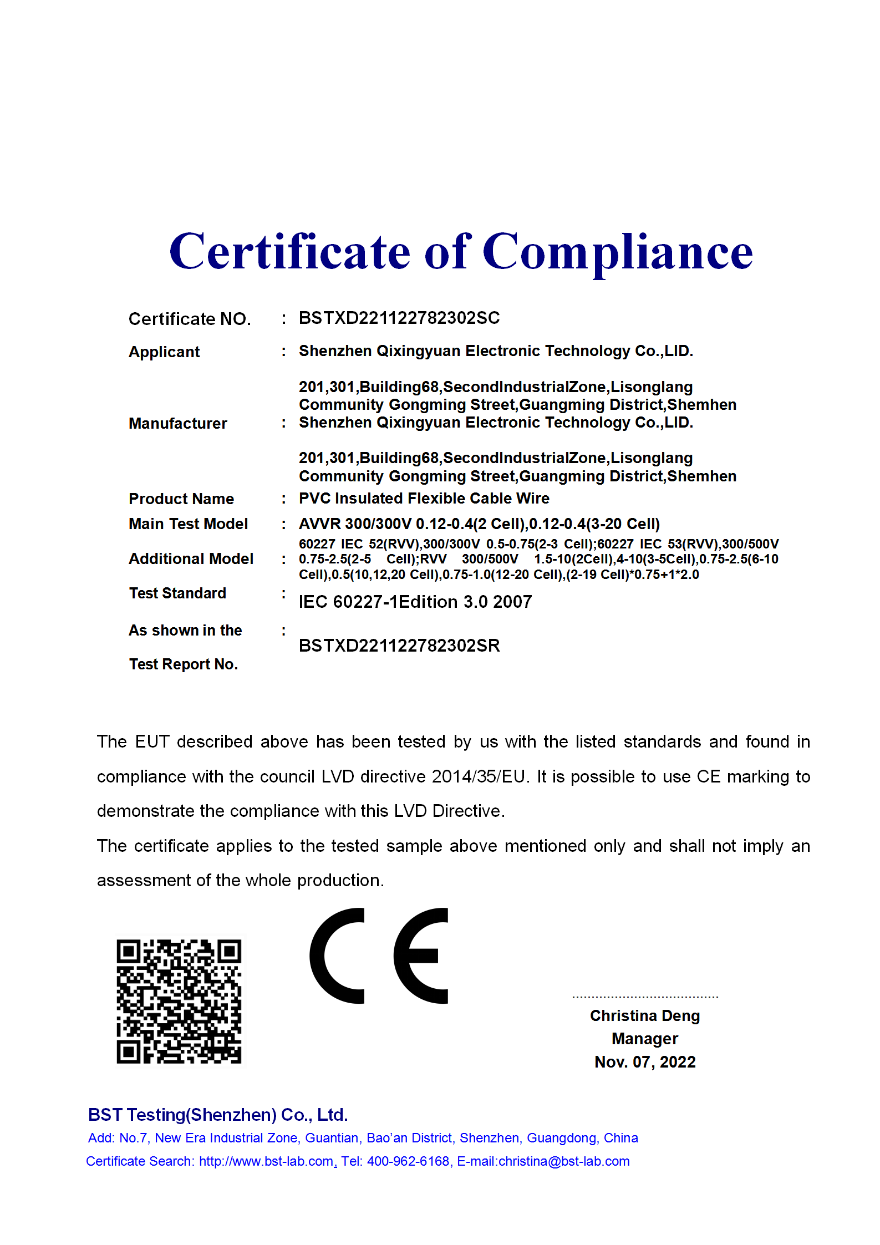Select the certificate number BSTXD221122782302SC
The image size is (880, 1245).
(399, 318)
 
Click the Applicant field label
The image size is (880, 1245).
(164, 352)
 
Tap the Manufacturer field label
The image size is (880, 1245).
(178, 423)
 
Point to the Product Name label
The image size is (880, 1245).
(181, 499)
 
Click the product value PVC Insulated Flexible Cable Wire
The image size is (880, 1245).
(424, 498)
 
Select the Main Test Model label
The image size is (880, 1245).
(188, 524)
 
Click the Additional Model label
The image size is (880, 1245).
(191, 558)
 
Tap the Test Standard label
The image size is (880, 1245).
(177, 593)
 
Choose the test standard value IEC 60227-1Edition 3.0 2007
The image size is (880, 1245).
(415, 602)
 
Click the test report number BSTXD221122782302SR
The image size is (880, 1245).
(399, 646)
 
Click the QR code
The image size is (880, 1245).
(179, 1001)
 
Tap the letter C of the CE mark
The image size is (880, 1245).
(336, 956)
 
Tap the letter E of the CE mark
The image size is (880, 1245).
(421, 956)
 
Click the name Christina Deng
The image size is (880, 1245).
(644, 1015)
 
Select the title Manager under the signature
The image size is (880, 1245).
(644, 1038)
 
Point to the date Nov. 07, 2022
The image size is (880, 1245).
(644, 1061)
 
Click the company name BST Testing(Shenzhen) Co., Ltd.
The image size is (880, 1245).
(218, 1115)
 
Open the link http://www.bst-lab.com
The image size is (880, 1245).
(266, 1161)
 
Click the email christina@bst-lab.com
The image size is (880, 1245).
(564, 1161)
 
